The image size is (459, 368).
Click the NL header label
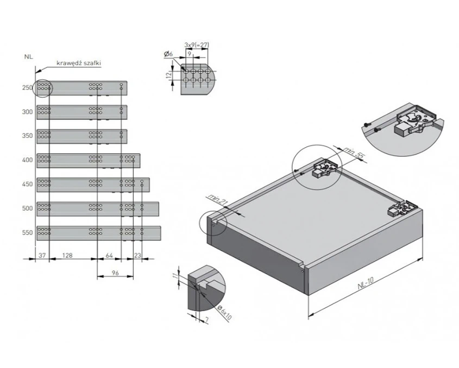[x=27, y=56]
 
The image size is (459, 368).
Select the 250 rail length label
[x=27, y=88]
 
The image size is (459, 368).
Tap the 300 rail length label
[x=27, y=112]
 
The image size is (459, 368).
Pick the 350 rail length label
[x=27, y=136]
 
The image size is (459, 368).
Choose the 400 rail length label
[x=27, y=160]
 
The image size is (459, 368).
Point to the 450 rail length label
[x=27, y=184]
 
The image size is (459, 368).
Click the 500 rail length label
[x=27, y=208]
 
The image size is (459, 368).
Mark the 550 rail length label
[x=27, y=232]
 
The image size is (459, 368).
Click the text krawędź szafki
[x=82, y=63]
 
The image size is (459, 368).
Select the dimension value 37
[x=42, y=254]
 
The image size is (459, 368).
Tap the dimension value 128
[x=68, y=254]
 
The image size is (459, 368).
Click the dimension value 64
[x=109, y=254]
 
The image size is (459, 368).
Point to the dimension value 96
[x=115, y=273]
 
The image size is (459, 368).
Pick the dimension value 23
[x=137, y=254]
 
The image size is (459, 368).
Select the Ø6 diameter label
[x=167, y=54]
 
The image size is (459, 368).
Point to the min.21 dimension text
[x=216, y=201]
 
